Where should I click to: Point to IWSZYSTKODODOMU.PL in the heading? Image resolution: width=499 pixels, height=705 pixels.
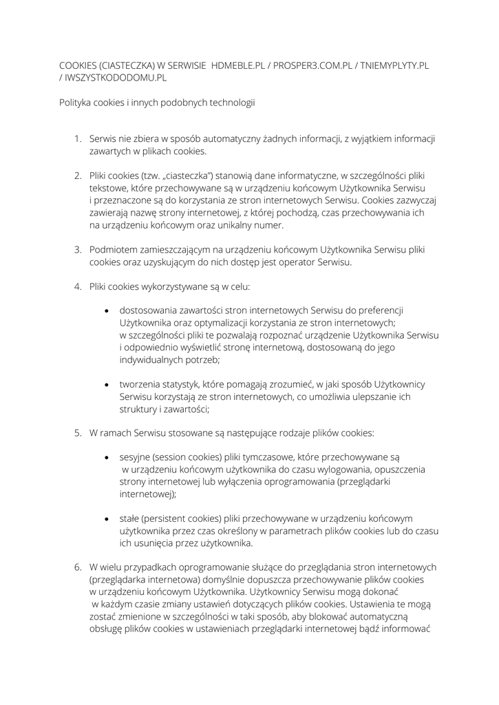(116, 78)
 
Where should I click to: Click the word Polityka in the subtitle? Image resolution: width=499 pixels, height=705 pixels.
(76, 103)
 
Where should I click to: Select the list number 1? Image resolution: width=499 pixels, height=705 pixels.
(78, 139)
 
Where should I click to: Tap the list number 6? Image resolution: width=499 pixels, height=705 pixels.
(78, 567)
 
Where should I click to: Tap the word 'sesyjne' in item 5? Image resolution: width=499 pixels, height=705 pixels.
(135, 457)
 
